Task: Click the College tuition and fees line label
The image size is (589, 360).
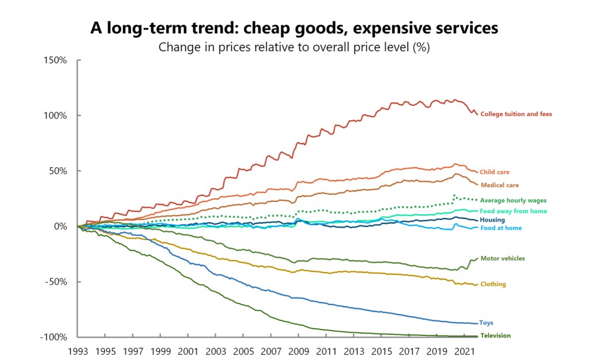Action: [x=516, y=114]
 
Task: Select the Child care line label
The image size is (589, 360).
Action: [x=495, y=172]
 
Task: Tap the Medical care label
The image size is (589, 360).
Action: [x=499, y=185]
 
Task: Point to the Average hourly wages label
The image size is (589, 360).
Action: [x=513, y=200]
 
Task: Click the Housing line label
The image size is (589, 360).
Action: [x=492, y=220]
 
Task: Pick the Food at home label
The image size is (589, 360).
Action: [x=500, y=228]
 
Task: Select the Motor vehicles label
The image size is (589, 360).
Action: [x=503, y=258]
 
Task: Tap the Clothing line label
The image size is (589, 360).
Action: [x=494, y=284]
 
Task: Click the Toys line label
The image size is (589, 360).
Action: [x=487, y=323]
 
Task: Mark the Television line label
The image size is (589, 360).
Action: [x=495, y=335]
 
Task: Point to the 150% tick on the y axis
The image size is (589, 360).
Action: [x=56, y=60]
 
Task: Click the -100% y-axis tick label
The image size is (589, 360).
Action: [x=55, y=337]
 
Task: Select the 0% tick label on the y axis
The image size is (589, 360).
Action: [x=61, y=226]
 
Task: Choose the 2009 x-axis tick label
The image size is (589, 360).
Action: [x=298, y=351]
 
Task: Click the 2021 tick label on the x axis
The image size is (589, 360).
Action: [x=464, y=351]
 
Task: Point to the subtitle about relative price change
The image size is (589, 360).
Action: [x=294, y=47]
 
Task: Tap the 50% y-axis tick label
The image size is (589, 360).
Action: [x=59, y=171]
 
